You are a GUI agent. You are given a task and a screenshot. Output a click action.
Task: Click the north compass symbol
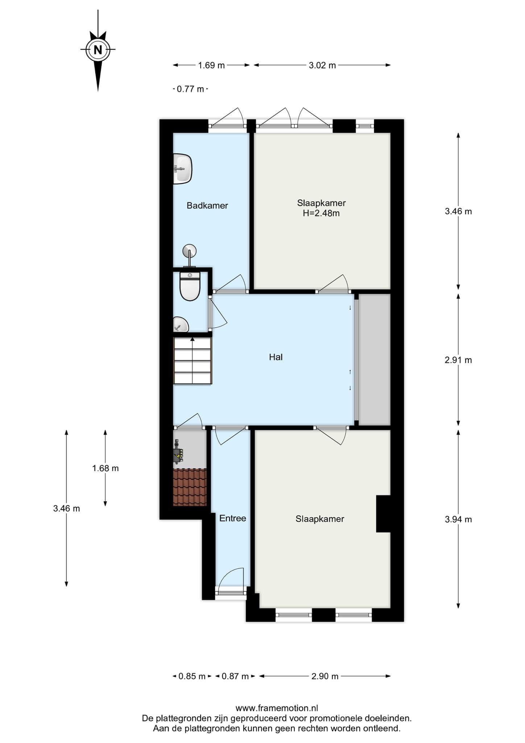click(98, 49)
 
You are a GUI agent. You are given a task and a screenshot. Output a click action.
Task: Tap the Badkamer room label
click(207, 206)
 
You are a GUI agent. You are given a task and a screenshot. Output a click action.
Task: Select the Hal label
click(276, 357)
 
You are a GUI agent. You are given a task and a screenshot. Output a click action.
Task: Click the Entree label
click(233, 518)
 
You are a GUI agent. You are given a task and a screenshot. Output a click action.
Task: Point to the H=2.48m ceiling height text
click(321, 213)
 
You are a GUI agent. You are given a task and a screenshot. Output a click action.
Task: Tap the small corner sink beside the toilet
click(181, 324)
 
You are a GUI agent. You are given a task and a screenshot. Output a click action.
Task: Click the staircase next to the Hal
click(193, 360)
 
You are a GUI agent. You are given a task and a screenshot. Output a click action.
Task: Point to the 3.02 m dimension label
click(322, 65)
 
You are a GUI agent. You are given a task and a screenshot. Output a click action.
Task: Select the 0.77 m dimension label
click(190, 89)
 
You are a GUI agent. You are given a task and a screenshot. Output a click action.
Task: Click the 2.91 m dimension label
click(458, 360)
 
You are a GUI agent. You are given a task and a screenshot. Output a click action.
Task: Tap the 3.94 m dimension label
click(458, 520)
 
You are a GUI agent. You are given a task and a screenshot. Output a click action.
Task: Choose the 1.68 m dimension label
click(106, 468)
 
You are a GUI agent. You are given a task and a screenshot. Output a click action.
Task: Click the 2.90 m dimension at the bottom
click(325, 676)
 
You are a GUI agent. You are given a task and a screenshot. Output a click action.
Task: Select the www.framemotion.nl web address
click(277, 708)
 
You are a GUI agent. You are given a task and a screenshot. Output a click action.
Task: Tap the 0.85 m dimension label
click(192, 676)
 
